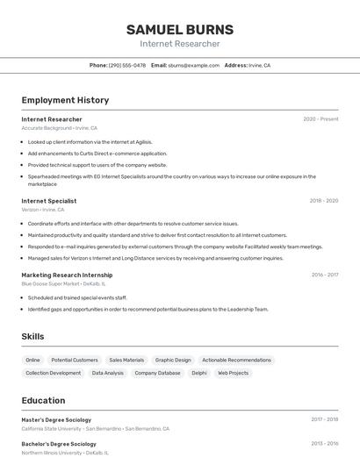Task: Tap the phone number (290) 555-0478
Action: coord(126,66)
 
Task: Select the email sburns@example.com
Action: coord(193,66)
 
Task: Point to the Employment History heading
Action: coord(65,100)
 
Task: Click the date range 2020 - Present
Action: coord(320,119)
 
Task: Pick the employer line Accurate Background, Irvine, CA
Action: coord(59,128)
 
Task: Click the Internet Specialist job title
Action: coord(48,201)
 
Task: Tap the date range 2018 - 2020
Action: coord(323,201)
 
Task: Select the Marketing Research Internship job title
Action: coord(67,275)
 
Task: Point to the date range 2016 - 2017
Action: coord(324,275)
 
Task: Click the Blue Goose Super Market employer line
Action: coord(63,284)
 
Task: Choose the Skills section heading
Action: coord(32,337)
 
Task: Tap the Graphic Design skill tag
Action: coord(173,360)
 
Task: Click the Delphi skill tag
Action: coord(199,373)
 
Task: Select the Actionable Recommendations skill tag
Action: coord(236,360)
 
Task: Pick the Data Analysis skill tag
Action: coord(108,373)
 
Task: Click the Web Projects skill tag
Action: coord(234,373)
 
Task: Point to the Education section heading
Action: coord(43,400)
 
